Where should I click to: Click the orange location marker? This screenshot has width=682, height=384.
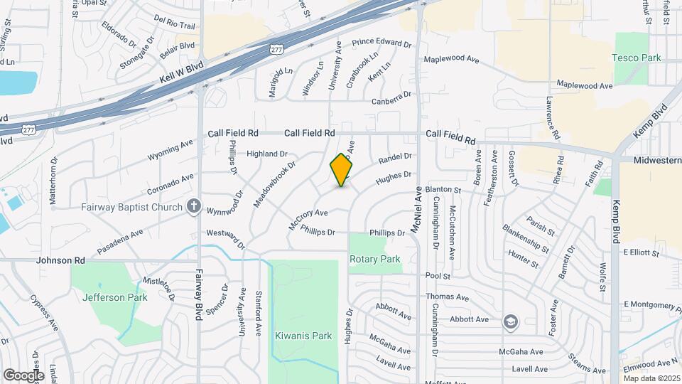pyautogui.click(x=342, y=169)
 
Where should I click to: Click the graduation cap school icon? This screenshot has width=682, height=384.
pyautogui.click(x=510, y=321)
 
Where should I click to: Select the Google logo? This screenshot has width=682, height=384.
pyautogui.click(x=23, y=375)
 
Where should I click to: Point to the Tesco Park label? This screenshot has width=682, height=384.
pyautogui.click(x=637, y=58)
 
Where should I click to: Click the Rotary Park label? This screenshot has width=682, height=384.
pyautogui.click(x=374, y=260)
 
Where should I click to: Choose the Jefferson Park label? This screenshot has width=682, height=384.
pyautogui.click(x=115, y=297)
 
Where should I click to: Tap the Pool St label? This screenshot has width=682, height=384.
pyautogui.click(x=438, y=275)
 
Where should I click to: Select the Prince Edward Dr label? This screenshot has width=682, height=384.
pyautogui.click(x=381, y=44)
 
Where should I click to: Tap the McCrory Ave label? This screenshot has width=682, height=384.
pyautogui.click(x=308, y=217)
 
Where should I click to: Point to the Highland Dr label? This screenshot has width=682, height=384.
pyautogui.click(x=266, y=154)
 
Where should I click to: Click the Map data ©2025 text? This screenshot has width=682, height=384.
pyautogui.click(x=651, y=378)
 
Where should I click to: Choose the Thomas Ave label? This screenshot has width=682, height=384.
pyautogui.click(x=447, y=297)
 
